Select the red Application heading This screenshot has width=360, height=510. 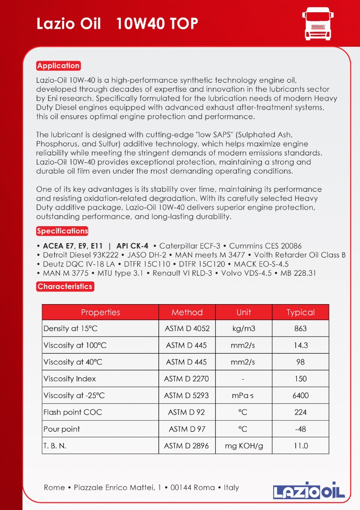(x=59, y=66)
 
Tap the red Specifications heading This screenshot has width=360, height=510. (x=62, y=231)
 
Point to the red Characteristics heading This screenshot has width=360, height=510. (x=65, y=286)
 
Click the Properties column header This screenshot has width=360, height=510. (x=100, y=312)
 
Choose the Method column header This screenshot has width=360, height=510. (x=187, y=312)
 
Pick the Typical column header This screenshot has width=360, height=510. (x=300, y=312)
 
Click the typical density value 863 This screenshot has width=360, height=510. (x=300, y=329)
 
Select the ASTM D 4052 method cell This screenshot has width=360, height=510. (x=187, y=329)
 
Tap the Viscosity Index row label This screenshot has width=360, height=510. (x=69, y=379)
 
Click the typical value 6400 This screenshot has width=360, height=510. (x=301, y=395)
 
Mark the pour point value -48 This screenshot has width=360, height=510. (x=300, y=429)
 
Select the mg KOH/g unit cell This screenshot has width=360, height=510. (x=243, y=445)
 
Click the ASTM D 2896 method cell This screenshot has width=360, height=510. (x=187, y=445)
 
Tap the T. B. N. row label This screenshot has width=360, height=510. (x=55, y=445)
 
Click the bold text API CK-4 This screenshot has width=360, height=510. (x=132, y=246)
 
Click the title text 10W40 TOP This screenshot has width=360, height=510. (x=157, y=24)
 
